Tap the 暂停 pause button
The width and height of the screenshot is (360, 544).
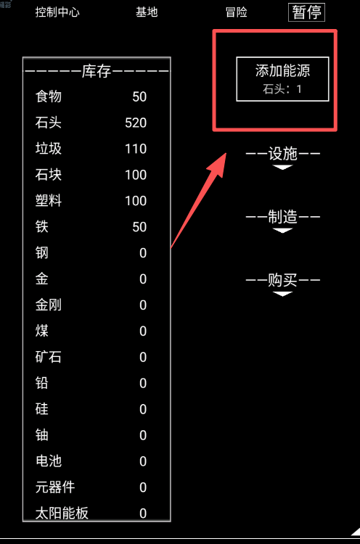306,12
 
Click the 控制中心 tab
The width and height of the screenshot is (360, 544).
57,12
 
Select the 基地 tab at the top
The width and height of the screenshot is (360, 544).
147,12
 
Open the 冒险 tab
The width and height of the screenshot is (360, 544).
236,12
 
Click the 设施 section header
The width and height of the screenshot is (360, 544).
283,154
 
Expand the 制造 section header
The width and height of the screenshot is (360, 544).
283,217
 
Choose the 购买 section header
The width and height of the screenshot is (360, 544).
283,280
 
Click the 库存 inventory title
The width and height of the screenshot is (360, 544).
97,72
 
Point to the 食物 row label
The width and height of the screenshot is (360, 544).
48,96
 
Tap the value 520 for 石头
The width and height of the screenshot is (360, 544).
136,123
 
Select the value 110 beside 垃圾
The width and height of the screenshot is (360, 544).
136,149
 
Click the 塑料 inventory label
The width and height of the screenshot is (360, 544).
48,200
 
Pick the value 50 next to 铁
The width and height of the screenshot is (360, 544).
139,227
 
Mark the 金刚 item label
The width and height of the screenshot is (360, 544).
48,305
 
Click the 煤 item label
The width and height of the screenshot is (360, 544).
41,331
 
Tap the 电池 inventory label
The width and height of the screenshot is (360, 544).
48,461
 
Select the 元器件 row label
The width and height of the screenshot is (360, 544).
55,487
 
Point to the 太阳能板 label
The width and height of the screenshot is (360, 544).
62,513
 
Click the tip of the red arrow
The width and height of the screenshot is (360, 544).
226,154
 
